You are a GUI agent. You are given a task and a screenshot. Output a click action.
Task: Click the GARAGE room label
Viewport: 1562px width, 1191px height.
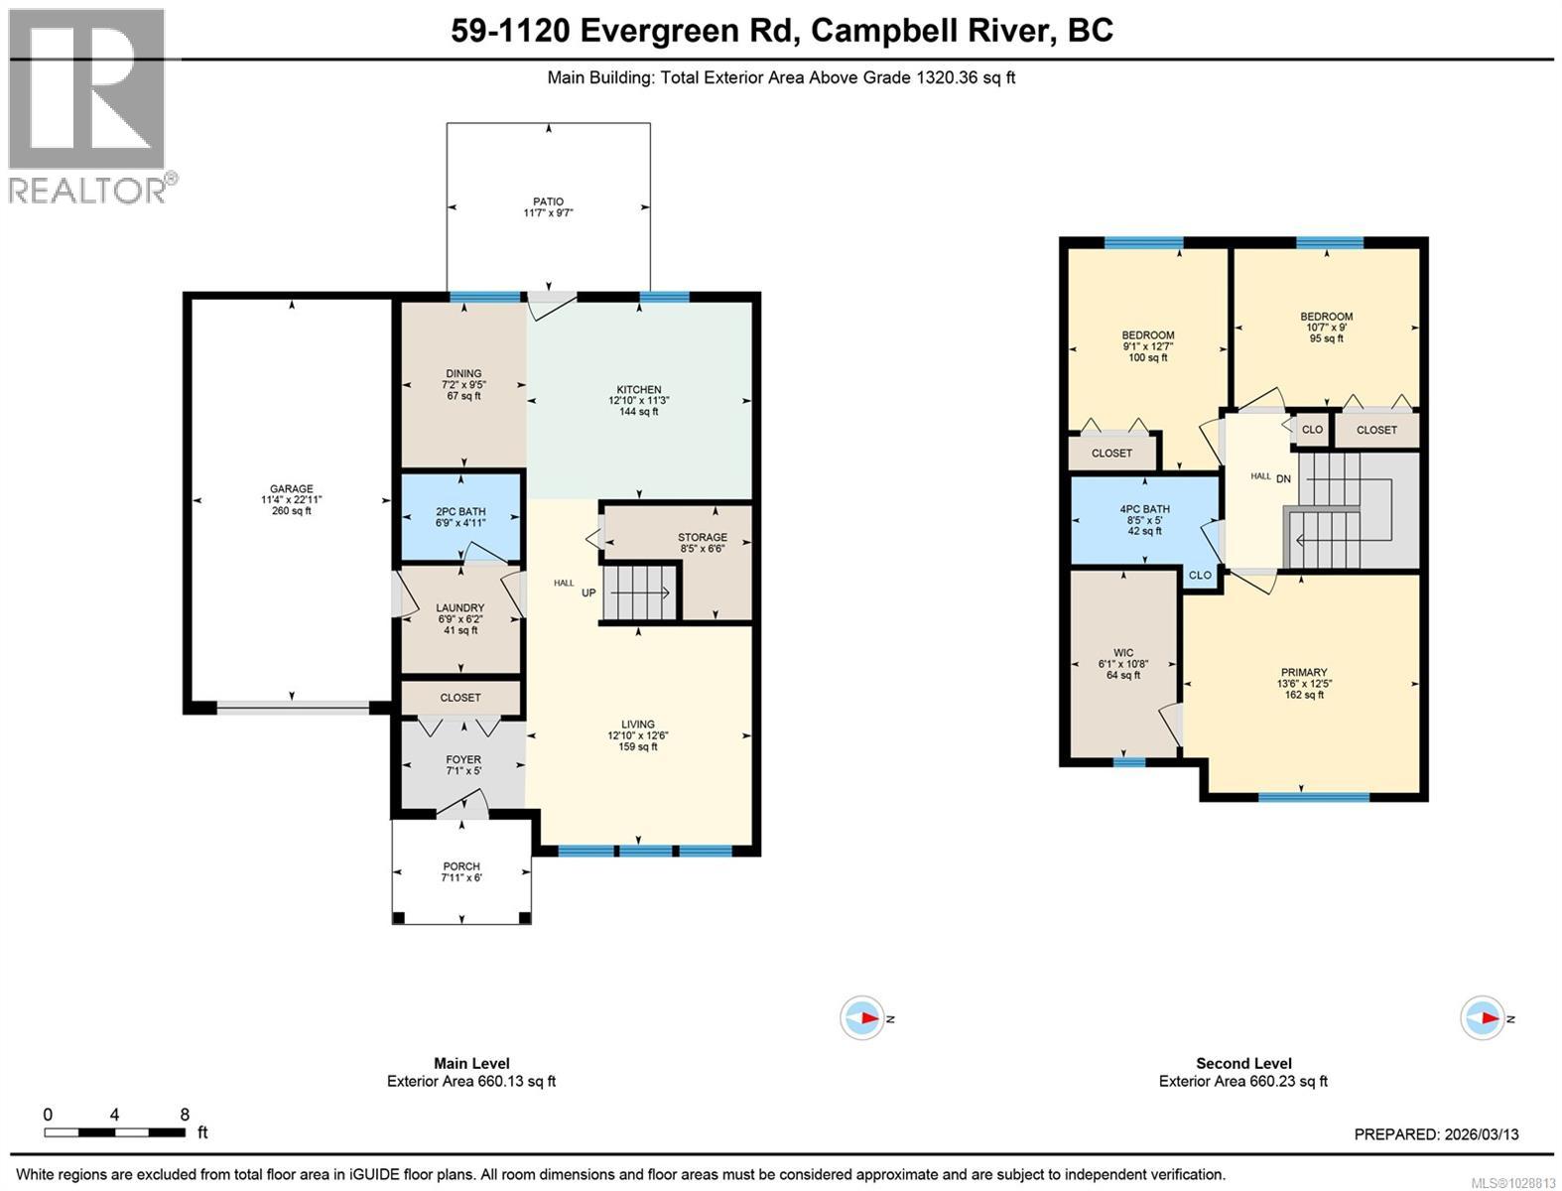pyautogui.click(x=291, y=488)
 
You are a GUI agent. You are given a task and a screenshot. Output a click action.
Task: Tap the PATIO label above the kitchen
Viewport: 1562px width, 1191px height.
pyautogui.click(x=548, y=202)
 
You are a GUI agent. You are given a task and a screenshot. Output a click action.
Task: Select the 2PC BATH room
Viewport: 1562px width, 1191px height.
pyautogui.click(x=461, y=517)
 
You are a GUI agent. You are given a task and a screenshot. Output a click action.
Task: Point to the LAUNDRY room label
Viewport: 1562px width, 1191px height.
pyautogui.click(x=459, y=608)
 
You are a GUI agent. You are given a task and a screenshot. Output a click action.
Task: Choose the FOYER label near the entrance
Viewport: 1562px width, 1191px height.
pyautogui.click(x=463, y=760)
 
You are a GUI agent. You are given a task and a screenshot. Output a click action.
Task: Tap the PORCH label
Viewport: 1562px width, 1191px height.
pyautogui.click(x=461, y=866)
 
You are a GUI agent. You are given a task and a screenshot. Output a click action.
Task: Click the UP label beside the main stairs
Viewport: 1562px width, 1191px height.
pyautogui.click(x=588, y=593)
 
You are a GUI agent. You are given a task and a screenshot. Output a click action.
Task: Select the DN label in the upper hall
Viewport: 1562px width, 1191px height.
pyautogui.click(x=1283, y=478)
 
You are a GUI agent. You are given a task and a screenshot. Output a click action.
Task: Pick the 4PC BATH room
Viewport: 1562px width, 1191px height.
pyautogui.click(x=1144, y=520)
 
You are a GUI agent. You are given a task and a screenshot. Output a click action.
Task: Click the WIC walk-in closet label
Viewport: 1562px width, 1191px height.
pyautogui.click(x=1123, y=653)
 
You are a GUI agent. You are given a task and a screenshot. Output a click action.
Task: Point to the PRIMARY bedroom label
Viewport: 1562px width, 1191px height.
pyautogui.click(x=1304, y=672)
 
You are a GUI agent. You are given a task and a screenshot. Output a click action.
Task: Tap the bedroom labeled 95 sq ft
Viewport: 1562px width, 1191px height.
pyautogui.click(x=1327, y=328)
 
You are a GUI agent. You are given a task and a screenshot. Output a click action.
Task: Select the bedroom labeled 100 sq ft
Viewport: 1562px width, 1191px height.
pyautogui.click(x=1148, y=346)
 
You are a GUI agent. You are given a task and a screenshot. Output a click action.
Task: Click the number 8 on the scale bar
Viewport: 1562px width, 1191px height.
pyautogui.click(x=185, y=1115)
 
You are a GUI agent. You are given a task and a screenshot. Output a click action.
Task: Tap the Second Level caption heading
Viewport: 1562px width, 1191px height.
pyautogui.click(x=1243, y=1064)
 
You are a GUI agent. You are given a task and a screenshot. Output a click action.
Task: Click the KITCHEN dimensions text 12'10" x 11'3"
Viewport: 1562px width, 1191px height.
pyautogui.click(x=638, y=401)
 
